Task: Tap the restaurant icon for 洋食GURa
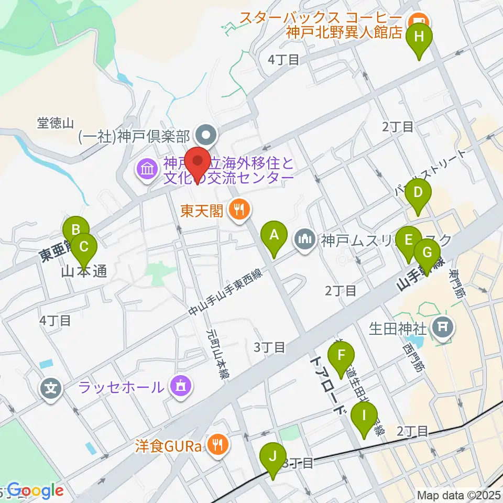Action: [216, 445]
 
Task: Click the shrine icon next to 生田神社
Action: [442, 329]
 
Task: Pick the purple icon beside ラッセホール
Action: [180, 387]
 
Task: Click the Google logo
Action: [35, 490]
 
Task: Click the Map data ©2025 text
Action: [459, 495]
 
